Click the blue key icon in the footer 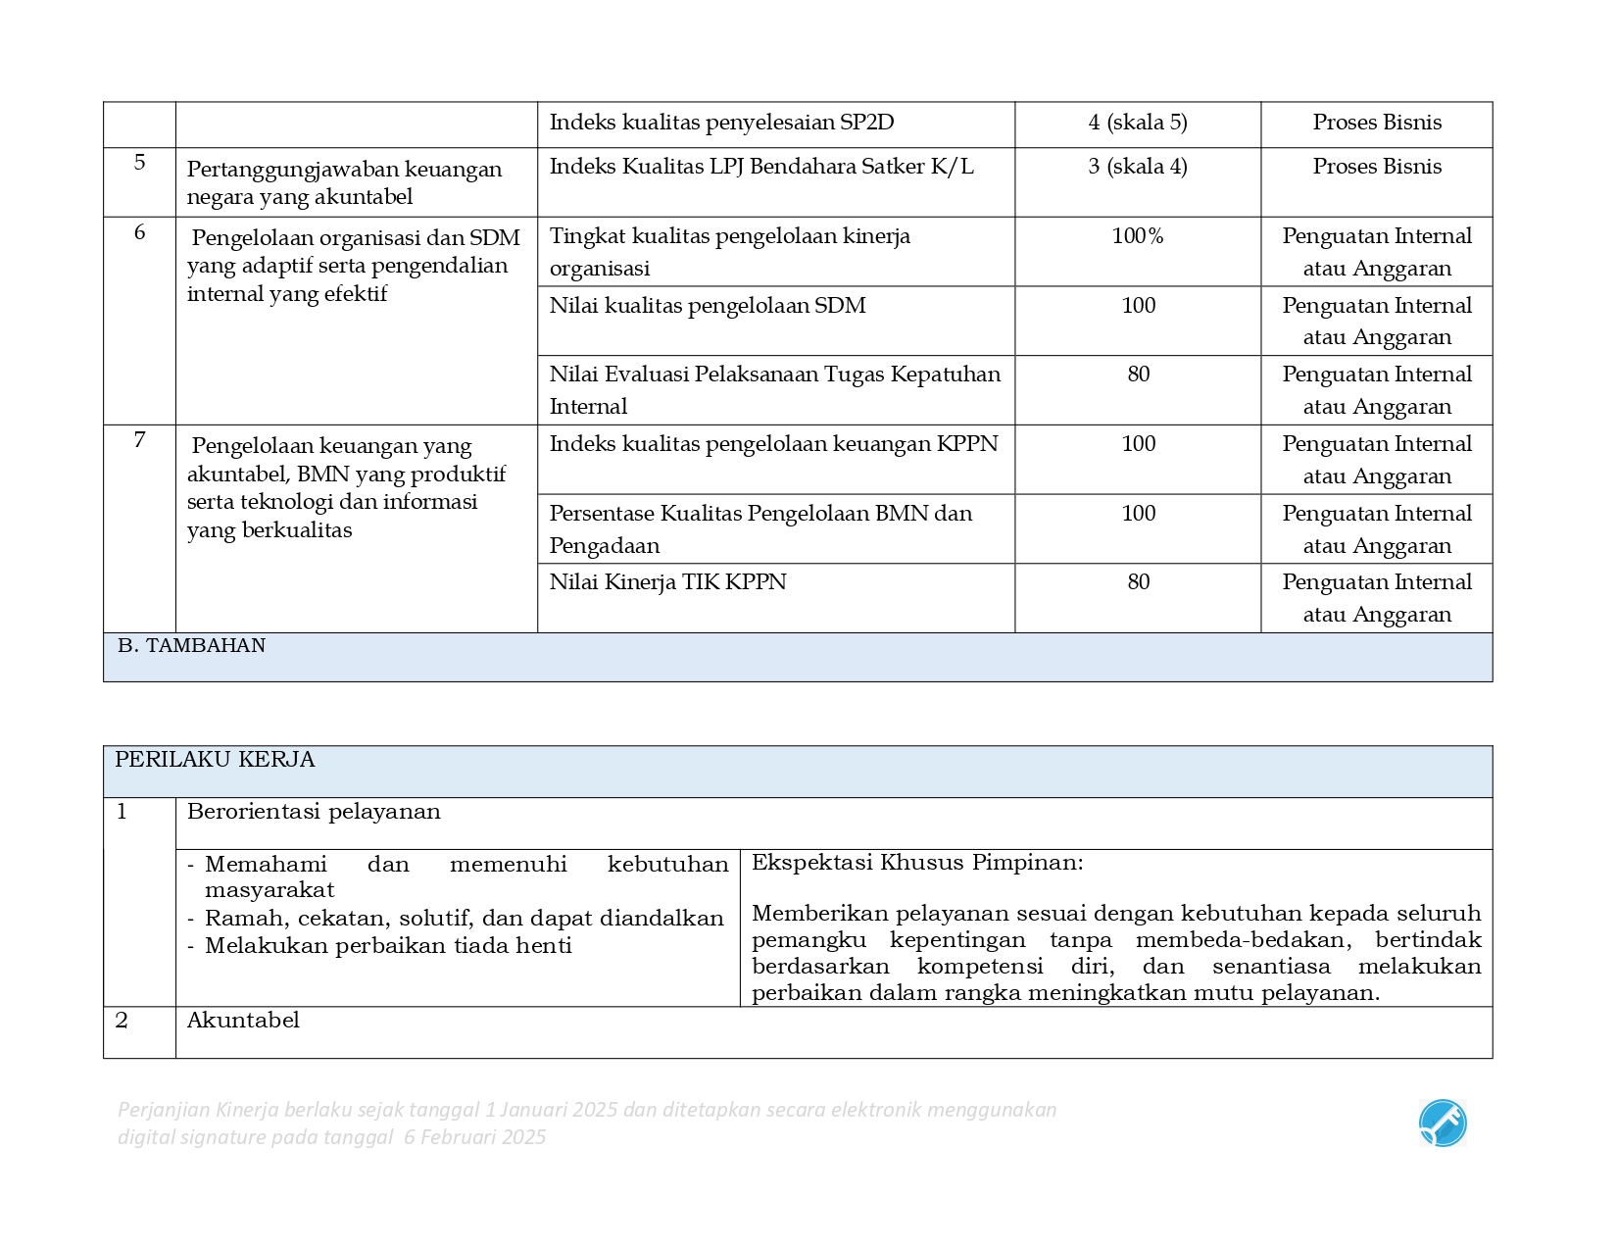(x=1442, y=1124)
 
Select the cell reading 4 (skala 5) (x=1137, y=123)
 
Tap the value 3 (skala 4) (x=1137, y=167)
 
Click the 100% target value (x=1137, y=236)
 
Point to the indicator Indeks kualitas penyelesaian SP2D (x=721, y=123)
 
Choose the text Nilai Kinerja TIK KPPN (x=667, y=582)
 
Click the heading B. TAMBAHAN (x=191, y=646)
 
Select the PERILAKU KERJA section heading (x=215, y=760)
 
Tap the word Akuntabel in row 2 (x=243, y=1021)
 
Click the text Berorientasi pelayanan (x=314, y=812)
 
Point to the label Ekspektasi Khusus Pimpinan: (x=917, y=863)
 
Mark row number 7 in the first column (x=139, y=440)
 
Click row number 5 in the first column (x=139, y=163)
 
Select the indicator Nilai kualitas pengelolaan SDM (x=707, y=306)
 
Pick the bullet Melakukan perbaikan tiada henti (x=388, y=946)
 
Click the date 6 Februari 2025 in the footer (x=474, y=1137)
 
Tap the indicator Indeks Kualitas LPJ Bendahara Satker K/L (x=761, y=167)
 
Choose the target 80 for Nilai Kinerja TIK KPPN (x=1138, y=582)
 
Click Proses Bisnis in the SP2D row (x=1376, y=123)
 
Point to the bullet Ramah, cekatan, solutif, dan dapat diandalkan (x=464, y=919)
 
